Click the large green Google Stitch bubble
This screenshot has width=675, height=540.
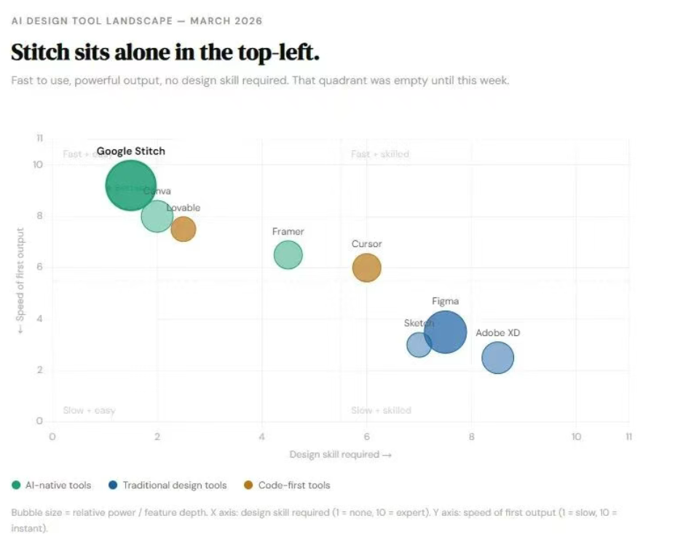coord(130,185)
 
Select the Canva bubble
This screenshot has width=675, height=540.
coord(157,216)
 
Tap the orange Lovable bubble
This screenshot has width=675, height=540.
coord(183,229)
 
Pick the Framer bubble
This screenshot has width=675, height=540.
coord(288,254)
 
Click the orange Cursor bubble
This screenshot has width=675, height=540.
coord(366,267)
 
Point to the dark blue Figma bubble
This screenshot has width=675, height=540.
coord(446,332)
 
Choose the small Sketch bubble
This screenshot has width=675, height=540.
coord(418,345)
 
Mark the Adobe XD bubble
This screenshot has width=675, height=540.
coord(498,358)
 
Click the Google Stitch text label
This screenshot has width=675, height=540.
coord(131,152)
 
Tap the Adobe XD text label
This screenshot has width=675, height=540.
coord(498,333)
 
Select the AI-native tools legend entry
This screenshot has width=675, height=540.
coord(52,485)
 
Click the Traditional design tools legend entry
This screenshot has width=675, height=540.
coord(168,485)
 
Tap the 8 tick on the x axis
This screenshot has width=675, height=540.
coord(471,437)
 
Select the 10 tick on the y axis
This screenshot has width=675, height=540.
coord(39,165)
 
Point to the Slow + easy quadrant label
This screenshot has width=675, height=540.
coord(90,410)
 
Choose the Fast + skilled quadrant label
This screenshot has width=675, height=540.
coord(380,154)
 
